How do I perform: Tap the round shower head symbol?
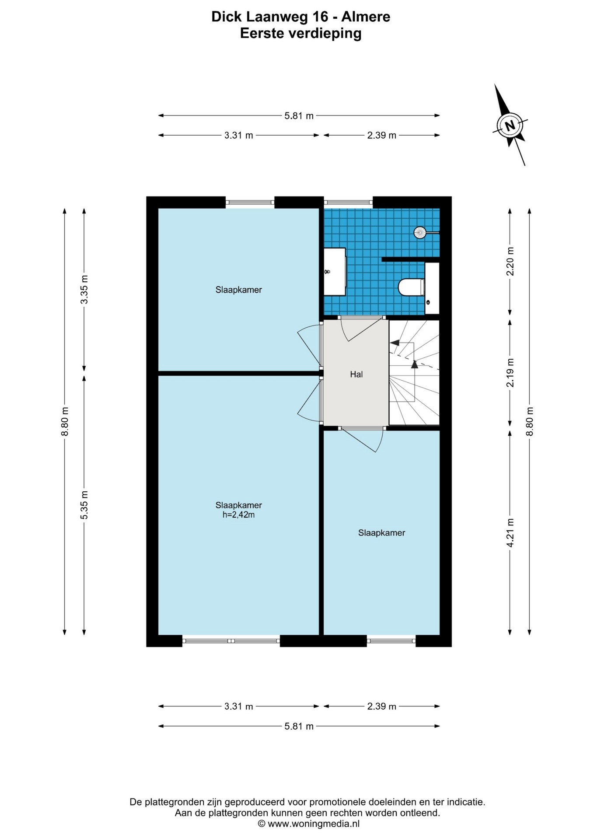[420, 232]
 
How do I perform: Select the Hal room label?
[356, 374]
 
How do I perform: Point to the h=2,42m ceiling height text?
[238, 515]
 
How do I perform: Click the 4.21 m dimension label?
[510, 532]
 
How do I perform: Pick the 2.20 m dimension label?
[510, 261]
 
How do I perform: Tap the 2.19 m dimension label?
[510, 372]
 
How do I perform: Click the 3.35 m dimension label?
[84, 289]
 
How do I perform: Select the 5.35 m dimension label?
[84, 505]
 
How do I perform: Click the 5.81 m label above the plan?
[299, 116]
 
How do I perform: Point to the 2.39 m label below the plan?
[381, 706]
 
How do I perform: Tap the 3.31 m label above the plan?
[239, 135]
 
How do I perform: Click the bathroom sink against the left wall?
[335, 272]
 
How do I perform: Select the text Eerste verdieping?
[301, 33]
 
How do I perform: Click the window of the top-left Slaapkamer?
[250, 202]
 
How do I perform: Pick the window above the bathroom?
[348, 202]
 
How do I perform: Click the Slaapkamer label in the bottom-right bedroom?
[382, 533]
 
